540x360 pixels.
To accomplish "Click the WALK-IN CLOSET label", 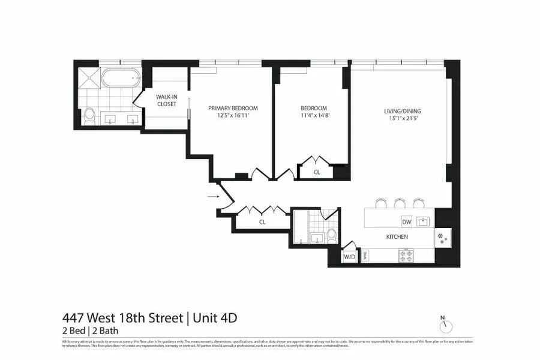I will click(166, 100).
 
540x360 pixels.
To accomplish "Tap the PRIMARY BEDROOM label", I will click(233, 108).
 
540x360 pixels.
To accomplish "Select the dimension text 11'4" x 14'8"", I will click(314, 116).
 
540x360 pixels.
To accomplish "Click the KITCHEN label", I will click(397, 237).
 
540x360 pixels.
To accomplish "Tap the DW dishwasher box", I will click(406, 221).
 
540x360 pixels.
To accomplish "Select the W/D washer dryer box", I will click(349, 257).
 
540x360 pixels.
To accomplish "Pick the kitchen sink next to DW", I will click(424, 221).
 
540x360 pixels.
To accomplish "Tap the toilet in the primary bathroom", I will click(89, 116).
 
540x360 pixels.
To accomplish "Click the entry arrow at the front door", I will click(212, 196).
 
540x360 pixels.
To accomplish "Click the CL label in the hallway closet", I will click(262, 222).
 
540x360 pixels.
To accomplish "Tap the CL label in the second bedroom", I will click(317, 172).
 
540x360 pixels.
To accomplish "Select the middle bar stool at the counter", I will click(399, 202).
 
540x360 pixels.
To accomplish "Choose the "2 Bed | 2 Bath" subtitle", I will click(90, 330).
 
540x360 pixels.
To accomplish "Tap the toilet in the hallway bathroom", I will click(331, 234).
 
